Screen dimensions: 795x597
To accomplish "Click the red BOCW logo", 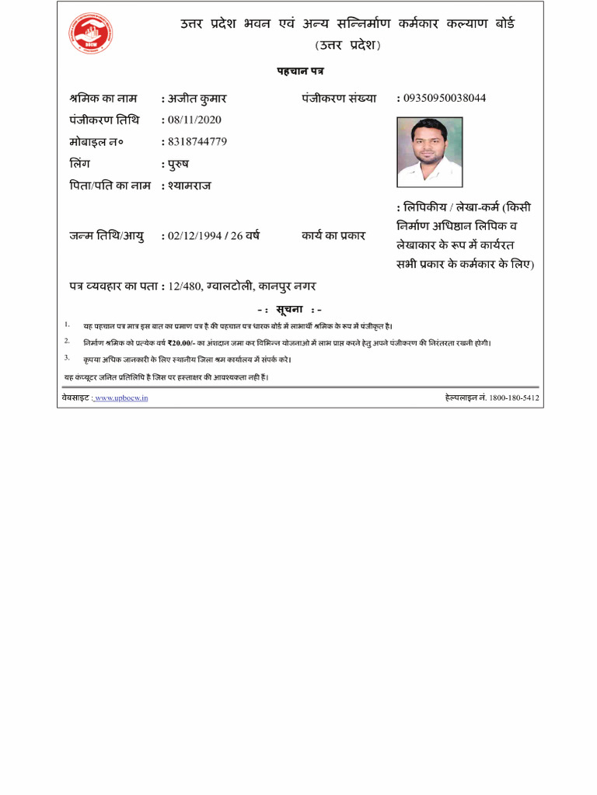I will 90,33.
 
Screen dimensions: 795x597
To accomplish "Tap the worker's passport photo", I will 429,151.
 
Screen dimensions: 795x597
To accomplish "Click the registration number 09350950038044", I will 445,99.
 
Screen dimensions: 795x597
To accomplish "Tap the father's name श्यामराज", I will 190,186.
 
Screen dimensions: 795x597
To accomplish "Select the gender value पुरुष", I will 178,164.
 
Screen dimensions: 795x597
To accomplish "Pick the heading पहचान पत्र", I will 300,71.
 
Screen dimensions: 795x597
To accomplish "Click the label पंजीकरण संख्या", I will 339,99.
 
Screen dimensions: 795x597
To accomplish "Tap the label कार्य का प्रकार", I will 333,235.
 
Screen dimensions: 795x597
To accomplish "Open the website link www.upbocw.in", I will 121,397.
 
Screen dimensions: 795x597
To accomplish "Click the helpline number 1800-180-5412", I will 514,397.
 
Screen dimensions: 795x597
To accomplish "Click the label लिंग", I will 81,164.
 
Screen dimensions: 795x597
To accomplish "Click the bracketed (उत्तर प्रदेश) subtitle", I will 347,45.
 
